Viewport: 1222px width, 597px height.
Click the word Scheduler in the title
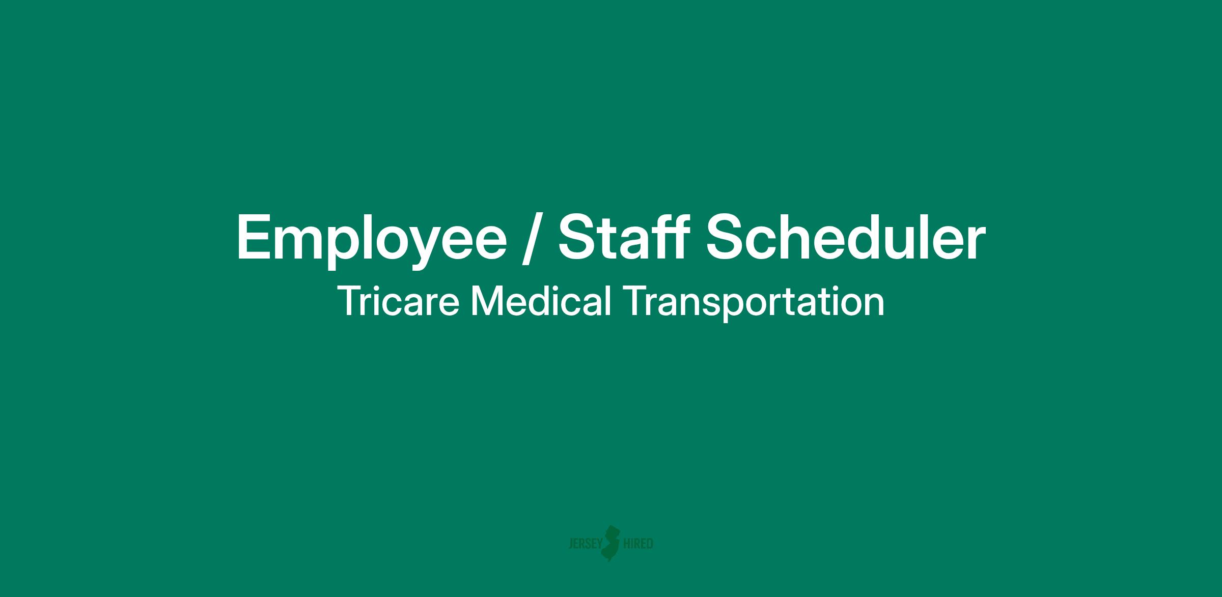pos(846,235)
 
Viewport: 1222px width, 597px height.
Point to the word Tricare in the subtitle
pos(399,301)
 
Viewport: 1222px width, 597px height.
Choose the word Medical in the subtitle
pos(541,301)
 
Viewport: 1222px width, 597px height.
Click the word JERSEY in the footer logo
pos(585,544)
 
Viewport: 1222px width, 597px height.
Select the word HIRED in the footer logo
pos(638,544)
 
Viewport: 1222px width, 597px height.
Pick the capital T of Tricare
pos(350,301)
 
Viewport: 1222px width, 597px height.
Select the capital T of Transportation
pos(634,301)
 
